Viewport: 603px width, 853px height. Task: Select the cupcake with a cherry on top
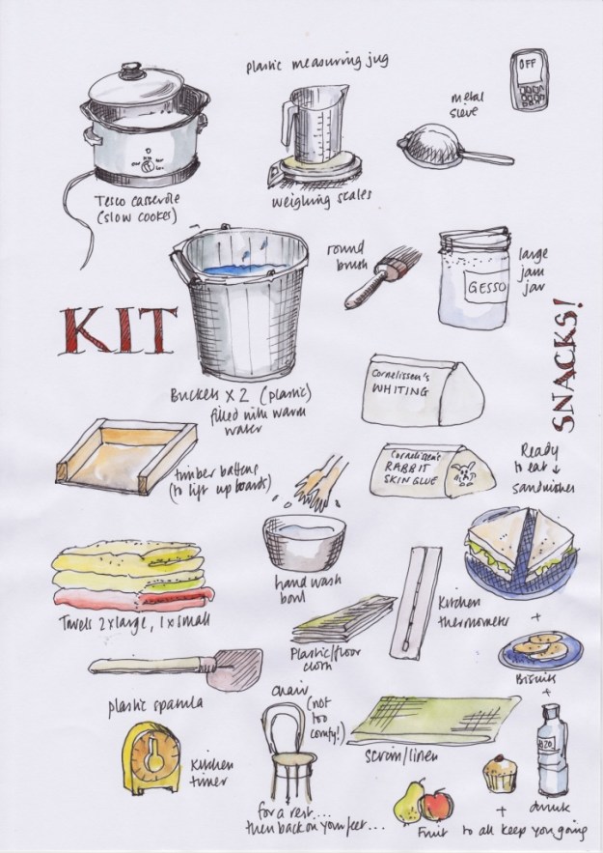tap(500, 773)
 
